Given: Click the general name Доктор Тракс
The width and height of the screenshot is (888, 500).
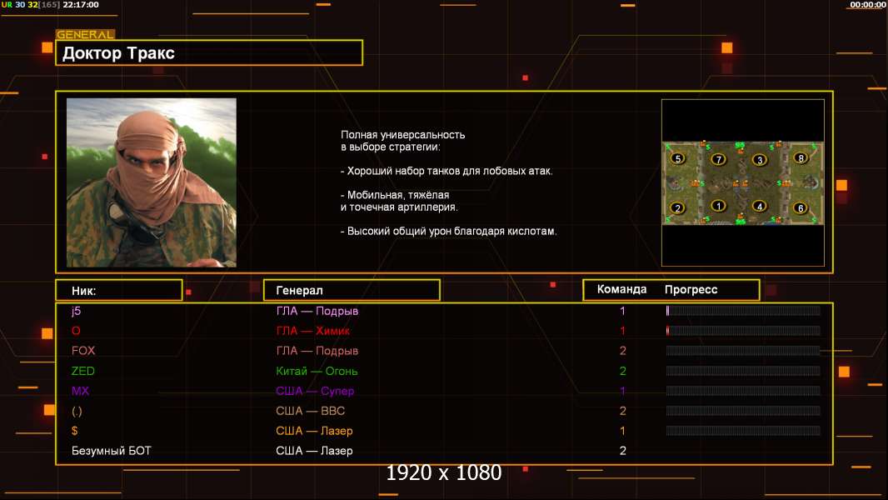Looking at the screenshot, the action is coord(118,53).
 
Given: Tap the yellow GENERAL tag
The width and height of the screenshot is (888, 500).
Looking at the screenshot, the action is coord(85,34).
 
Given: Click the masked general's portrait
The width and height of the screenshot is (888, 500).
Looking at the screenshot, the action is coord(152,182).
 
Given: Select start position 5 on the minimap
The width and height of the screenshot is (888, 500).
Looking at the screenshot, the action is coord(678,158).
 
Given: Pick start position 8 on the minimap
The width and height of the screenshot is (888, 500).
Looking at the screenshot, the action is coord(801,158).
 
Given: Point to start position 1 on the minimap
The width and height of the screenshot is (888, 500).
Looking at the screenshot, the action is coord(719,206).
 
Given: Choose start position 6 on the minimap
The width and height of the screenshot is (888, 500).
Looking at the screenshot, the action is coord(801,207).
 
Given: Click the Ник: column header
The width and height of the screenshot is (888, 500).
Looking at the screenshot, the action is coord(84,291).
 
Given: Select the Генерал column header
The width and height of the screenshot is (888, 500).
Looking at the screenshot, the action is coord(299,291).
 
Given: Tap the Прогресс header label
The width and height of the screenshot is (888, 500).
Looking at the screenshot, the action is coord(691,290).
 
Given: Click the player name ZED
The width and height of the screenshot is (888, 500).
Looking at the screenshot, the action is coord(82,371).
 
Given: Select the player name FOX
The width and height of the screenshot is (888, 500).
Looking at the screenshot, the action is coord(83,351).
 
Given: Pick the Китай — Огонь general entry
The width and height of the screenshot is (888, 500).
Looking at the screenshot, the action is coord(317,371).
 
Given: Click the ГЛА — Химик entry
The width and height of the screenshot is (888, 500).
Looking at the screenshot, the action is coord(312,331).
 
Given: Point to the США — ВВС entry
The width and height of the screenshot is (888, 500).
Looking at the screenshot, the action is coord(310,411).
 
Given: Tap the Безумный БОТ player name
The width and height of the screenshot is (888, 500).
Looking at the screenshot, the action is coord(111,451).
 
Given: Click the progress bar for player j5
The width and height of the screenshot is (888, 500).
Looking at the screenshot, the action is coord(743,310).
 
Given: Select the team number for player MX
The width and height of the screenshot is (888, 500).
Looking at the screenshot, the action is coord(622,391).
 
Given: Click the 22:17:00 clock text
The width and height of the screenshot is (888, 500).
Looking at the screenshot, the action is coord(81,4).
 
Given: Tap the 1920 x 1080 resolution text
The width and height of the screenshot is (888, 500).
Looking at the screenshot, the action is coord(443,472).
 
